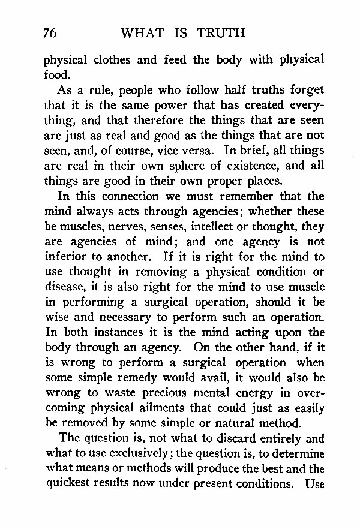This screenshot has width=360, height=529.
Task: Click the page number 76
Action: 50,34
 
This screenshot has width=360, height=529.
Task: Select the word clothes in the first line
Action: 110,61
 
